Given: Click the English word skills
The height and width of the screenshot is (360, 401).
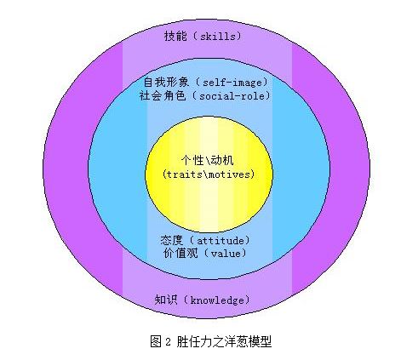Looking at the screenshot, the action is coord(218,37).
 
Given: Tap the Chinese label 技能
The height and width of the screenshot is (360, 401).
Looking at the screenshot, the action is coord(175,37).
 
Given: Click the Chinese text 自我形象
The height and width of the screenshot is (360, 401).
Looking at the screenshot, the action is coord(166,83).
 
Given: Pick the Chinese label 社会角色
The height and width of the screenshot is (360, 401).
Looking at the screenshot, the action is coord(163,96).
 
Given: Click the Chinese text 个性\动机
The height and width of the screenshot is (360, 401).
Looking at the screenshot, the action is coord(207,161).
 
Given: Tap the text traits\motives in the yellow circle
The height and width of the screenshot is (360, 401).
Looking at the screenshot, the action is coord(209,174).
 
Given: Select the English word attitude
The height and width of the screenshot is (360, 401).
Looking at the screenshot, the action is coord(221,241).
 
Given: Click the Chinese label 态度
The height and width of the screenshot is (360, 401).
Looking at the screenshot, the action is coord(171,240).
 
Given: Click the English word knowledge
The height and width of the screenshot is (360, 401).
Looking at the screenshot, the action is coord(217,300).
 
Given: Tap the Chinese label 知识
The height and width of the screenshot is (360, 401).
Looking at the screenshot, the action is coord(166,300).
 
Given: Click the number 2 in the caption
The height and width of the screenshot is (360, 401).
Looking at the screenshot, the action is coord(168,342).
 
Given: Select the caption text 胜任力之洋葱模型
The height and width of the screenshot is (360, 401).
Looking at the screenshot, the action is coord(224,341).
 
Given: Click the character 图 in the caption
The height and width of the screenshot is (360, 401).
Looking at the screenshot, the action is coord(156,341).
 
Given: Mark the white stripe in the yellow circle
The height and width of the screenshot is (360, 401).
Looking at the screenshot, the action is coord(209,174).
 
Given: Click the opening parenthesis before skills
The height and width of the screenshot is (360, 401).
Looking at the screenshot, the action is coord(196,37).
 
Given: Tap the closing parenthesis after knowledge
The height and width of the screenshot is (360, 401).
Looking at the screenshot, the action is coord(247,300).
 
